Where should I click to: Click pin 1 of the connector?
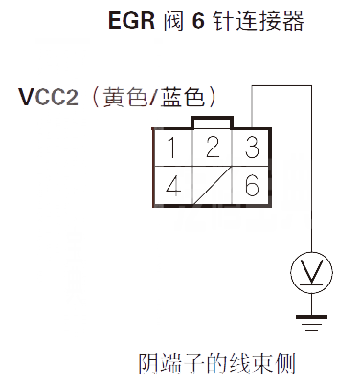172,148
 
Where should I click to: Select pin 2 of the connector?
212,148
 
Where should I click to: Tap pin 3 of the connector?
251,148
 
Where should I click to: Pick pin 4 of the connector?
172,185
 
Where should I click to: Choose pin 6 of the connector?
251,185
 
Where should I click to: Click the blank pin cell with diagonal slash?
212,185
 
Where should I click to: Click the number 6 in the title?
199,21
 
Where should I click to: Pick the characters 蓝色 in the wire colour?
177,98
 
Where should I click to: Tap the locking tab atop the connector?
212,122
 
